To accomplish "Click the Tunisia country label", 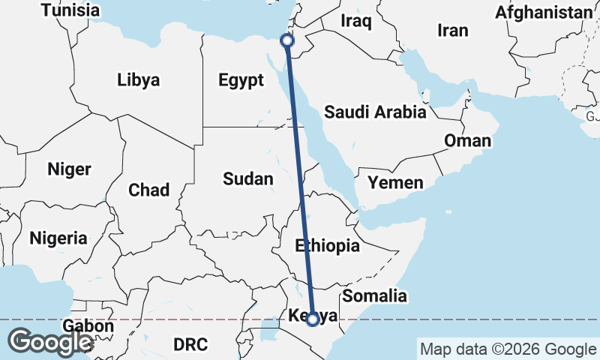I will coord(70,10).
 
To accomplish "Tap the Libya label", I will coord(139,80).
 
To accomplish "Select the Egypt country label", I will coord(241,80).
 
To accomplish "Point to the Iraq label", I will coord(356,21).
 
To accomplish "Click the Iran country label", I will coord(453,31).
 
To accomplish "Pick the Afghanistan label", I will coord(544,12).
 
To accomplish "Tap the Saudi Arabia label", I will coord(375,112).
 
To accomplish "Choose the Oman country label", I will coord(467,140).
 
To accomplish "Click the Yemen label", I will coord(395,182).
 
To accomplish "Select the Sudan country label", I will coord(248,178).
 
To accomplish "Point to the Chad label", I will coord(149,190).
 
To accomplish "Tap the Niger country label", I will coord(69,169).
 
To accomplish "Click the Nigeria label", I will coord(58,238).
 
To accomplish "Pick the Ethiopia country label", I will coord(327,245).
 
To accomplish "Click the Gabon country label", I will coord(88,326).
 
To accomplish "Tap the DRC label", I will coord(190,344).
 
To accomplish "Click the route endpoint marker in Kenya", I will coord(313,319).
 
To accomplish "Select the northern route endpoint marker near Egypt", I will coord(286,40).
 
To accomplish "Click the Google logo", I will coord(50,343).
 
